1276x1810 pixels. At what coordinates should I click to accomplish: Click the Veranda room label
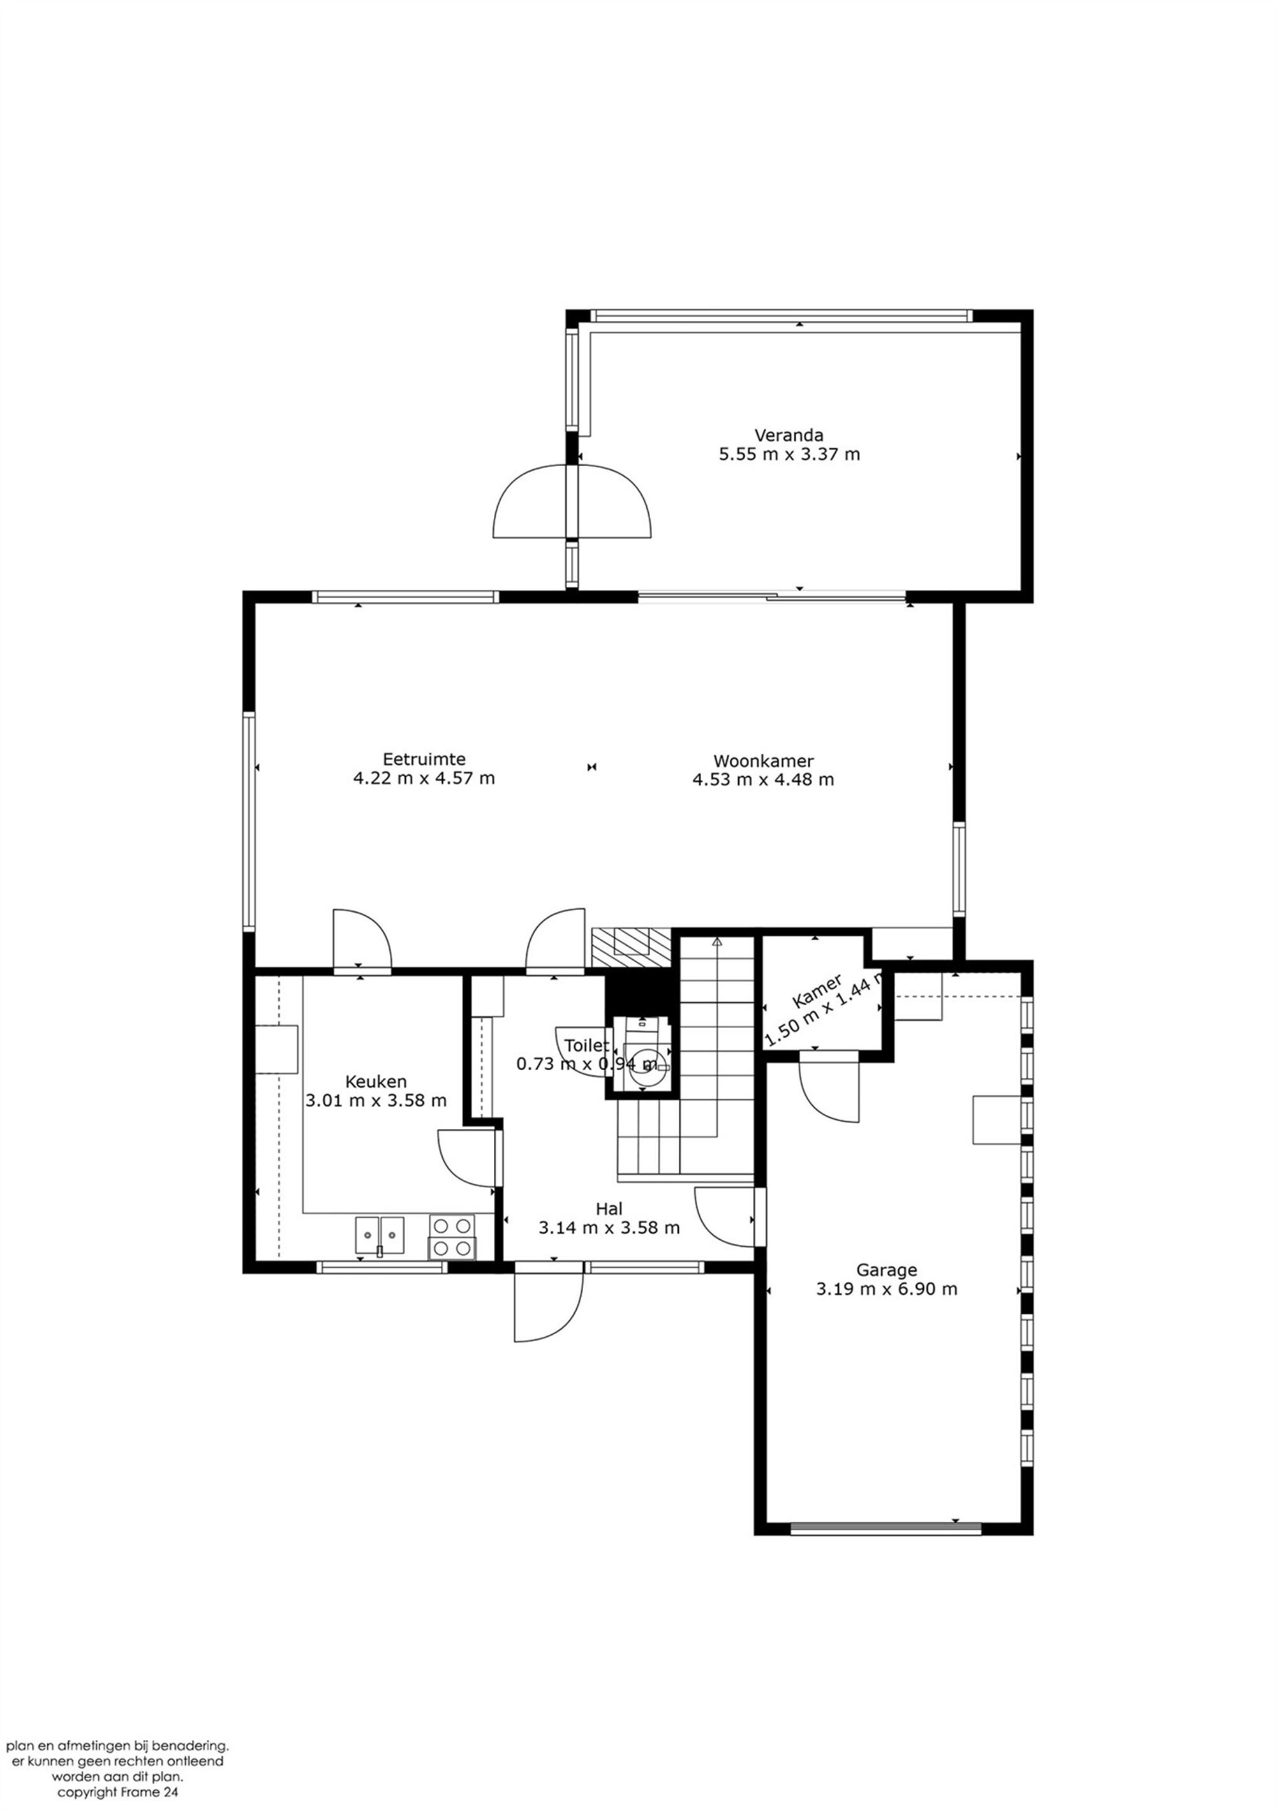click(x=789, y=434)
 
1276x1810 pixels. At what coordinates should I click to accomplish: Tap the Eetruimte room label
click(x=424, y=758)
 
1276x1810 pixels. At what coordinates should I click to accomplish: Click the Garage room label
click(x=886, y=1269)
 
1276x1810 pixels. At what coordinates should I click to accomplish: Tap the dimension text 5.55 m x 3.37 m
click(x=789, y=454)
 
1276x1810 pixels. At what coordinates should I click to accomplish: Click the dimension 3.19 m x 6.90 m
click(x=886, y=1289)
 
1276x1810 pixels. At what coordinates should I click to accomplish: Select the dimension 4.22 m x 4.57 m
click(x=424, y=778)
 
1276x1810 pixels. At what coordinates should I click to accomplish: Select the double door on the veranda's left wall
click(x=572, y=501)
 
